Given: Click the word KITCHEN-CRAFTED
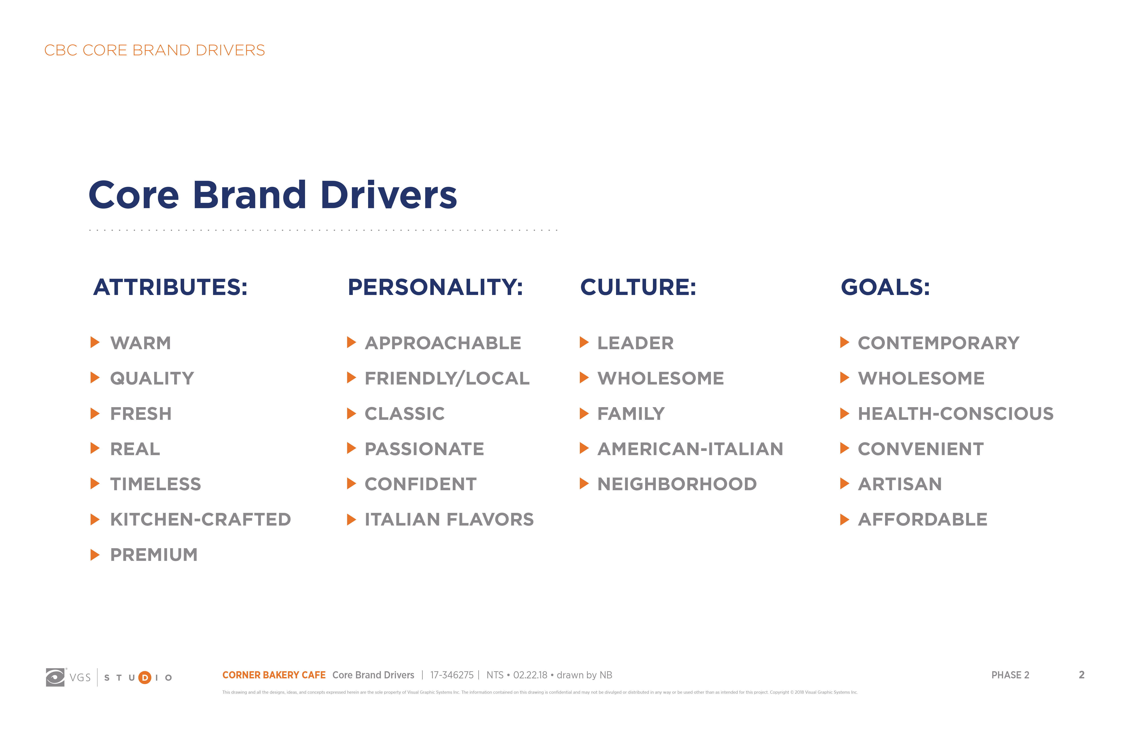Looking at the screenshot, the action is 200,519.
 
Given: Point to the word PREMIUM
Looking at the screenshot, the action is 154,554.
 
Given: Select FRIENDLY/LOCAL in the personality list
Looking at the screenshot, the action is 447,378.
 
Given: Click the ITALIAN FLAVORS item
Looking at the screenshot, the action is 449,519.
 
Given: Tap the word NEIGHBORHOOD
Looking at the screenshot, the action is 677,484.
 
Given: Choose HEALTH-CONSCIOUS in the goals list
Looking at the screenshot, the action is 955,414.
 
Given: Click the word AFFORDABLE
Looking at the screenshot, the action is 923,519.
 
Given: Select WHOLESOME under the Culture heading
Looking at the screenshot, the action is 661,378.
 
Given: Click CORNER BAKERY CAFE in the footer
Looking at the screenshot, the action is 274,675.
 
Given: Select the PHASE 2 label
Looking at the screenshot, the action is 1010,675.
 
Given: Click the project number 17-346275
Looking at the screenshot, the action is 452,675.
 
